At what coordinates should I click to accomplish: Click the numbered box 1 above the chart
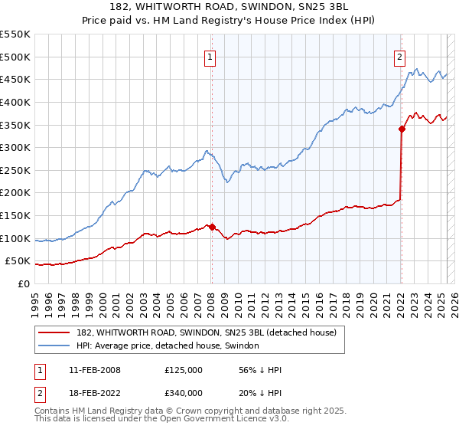210,56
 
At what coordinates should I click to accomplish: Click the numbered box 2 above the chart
399,56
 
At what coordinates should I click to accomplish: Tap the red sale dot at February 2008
212,227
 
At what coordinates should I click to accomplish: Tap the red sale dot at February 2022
402,129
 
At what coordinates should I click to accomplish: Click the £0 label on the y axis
24,283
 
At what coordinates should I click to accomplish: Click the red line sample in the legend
56,332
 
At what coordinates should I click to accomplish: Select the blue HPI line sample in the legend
56,345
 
